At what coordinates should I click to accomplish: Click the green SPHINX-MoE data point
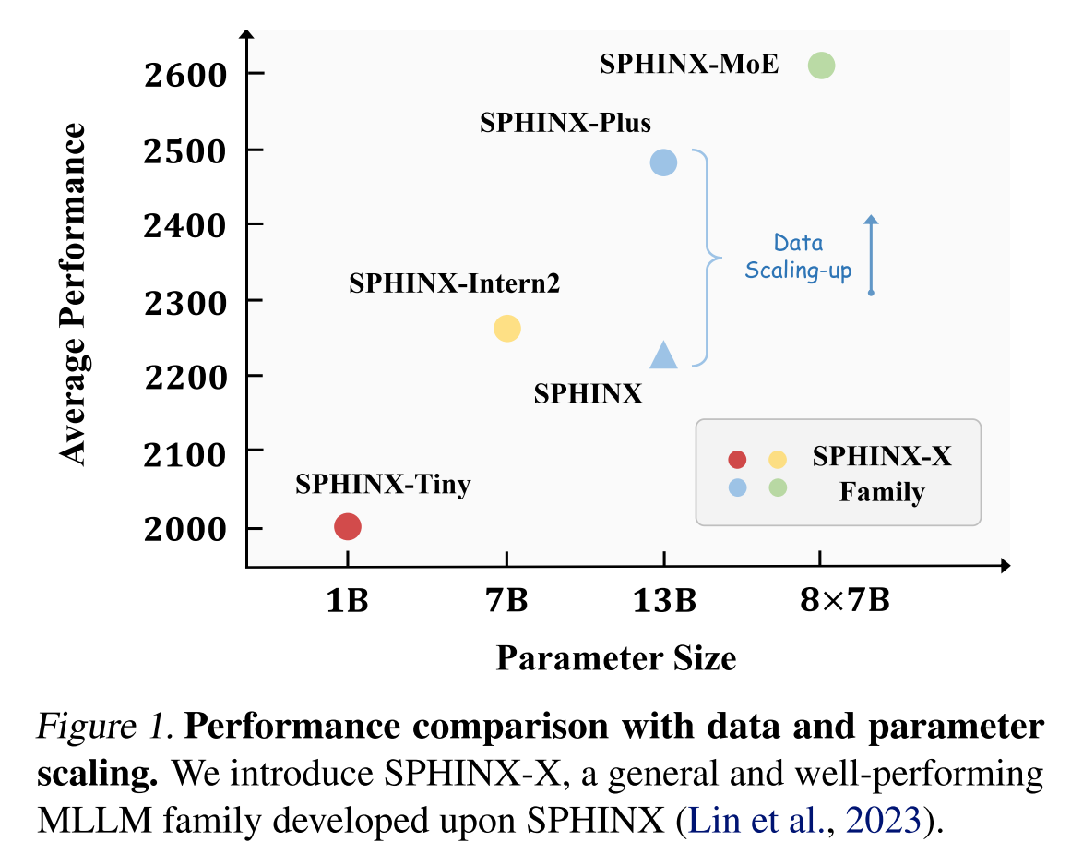[x=821, y=66]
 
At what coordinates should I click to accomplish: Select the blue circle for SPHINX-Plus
[x=663, y=162]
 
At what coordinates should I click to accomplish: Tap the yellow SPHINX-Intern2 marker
[x=507, y=328]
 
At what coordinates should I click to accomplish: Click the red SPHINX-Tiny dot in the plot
[x=347, y=526]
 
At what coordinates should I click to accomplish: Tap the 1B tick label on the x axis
[x=347, y=602]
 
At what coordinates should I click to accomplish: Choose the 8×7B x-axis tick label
[x=845, y=602]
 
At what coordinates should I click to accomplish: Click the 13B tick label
[x=664, y=602]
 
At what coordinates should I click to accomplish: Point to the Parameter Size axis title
[x=616, y=658]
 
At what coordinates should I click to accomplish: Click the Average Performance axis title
[x=73, y=294]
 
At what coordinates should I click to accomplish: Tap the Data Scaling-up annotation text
[x=799, y=258]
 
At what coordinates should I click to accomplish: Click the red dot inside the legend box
[x=737, y=460]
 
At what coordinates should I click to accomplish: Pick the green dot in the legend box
[x=778, y=487]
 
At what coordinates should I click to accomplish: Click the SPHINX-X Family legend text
[x=881, y=474]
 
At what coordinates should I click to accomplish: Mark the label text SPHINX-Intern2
[x=454, y=284]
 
